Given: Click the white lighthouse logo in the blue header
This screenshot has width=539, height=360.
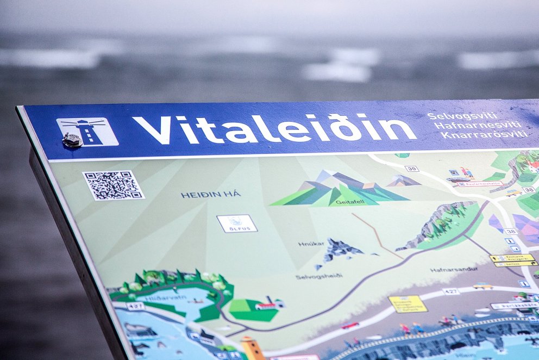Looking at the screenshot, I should click(x=87, y=131).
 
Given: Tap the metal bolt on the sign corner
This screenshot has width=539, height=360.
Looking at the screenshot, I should click(x=72, y=140).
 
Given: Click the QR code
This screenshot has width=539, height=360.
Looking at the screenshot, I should click(x=113, y=185).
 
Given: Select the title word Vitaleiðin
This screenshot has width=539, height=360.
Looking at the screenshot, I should click(x=275, y=129).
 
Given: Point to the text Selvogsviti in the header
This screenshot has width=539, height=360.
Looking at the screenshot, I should click(x=455, y=116).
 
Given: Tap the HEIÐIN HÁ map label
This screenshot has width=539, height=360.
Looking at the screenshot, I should click(x=211, y=194).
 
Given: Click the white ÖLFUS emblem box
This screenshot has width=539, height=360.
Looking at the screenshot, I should click(x=237, y=223).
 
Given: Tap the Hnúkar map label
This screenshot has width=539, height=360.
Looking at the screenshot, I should click(x=311, y=244).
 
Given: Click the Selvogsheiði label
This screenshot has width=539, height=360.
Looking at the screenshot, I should click(x=319, y=276).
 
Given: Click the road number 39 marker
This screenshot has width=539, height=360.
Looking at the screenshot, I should click(x=411, y=169).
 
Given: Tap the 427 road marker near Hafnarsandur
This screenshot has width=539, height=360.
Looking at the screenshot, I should click(x=450, y=291).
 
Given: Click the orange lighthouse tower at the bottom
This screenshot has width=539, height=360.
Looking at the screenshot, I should click(x=252, y=348).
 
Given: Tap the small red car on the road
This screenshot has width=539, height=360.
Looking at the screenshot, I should click(x=350, y=325).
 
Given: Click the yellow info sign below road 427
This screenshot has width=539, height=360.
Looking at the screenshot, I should click(x=408, y=303).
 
